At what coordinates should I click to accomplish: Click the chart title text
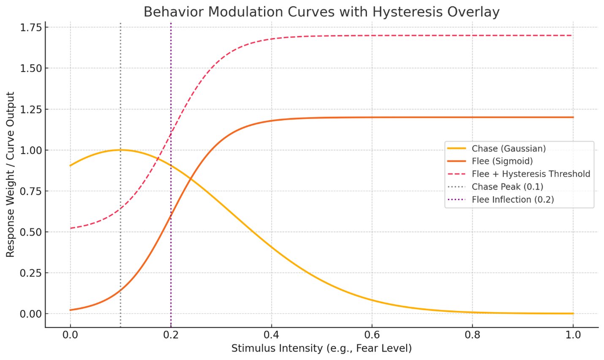point(321,12)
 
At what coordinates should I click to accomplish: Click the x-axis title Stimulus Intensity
point(321,348)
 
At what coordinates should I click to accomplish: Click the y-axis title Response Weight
point(11,174)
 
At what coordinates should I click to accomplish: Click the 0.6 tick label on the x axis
point(372,335)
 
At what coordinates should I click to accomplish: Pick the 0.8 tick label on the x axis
point(472,335)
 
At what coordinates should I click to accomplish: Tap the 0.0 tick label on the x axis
point(70,335)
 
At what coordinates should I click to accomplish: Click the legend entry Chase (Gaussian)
point(509,148)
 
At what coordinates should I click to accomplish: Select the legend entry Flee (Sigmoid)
point(502,161)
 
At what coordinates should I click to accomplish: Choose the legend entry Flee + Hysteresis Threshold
point(531,174)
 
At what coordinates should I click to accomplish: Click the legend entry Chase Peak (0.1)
point(507,187)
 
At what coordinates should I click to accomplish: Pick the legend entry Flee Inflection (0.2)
point(513,199)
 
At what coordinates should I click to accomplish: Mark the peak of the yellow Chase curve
point(120,150)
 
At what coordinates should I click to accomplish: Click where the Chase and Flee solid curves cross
point(190,179)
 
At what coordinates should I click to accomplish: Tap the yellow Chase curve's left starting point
point(70,166)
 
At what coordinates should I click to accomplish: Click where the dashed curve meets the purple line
point(171,134)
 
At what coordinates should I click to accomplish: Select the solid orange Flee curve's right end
point(573,117)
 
